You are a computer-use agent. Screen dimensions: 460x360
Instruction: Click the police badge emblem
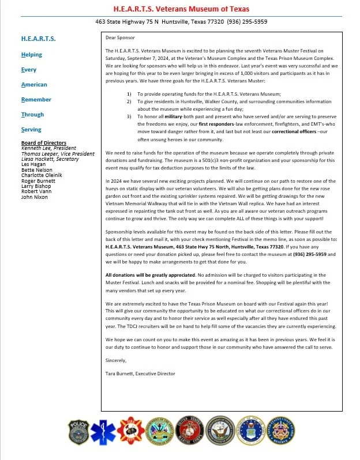pyautogui.click(x=78, y=432)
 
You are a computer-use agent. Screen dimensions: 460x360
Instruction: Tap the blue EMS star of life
pyautogui.click(x=104, y=432)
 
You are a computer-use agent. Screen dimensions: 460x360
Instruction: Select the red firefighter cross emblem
pyautogui.click(x=130, y=432)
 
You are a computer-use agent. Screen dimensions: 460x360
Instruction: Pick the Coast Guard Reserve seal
pyautogui.click(x=282, y=432)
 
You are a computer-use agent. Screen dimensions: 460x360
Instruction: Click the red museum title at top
pyautogui.click(x=179, y=8)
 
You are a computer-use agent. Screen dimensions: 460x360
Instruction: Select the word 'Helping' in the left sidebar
pyautogui.click(x=32, y=55)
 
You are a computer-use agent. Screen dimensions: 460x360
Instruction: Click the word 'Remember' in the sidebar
pyautogui.click(x=36, y=100)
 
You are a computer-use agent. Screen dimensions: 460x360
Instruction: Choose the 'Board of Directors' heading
pyautogui.click(x=43, y=142)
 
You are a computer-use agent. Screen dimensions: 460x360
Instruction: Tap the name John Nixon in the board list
pyautogui.click(x=34, y=197)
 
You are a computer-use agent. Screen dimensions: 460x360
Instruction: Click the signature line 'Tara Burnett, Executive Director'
pyautogui.click(x=140, y=374)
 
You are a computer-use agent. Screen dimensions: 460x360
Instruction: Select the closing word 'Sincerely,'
pyautogui.click(x=116, y=360)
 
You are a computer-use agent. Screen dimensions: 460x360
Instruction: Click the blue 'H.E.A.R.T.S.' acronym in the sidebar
pyautogui.click(x=39, y=39)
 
